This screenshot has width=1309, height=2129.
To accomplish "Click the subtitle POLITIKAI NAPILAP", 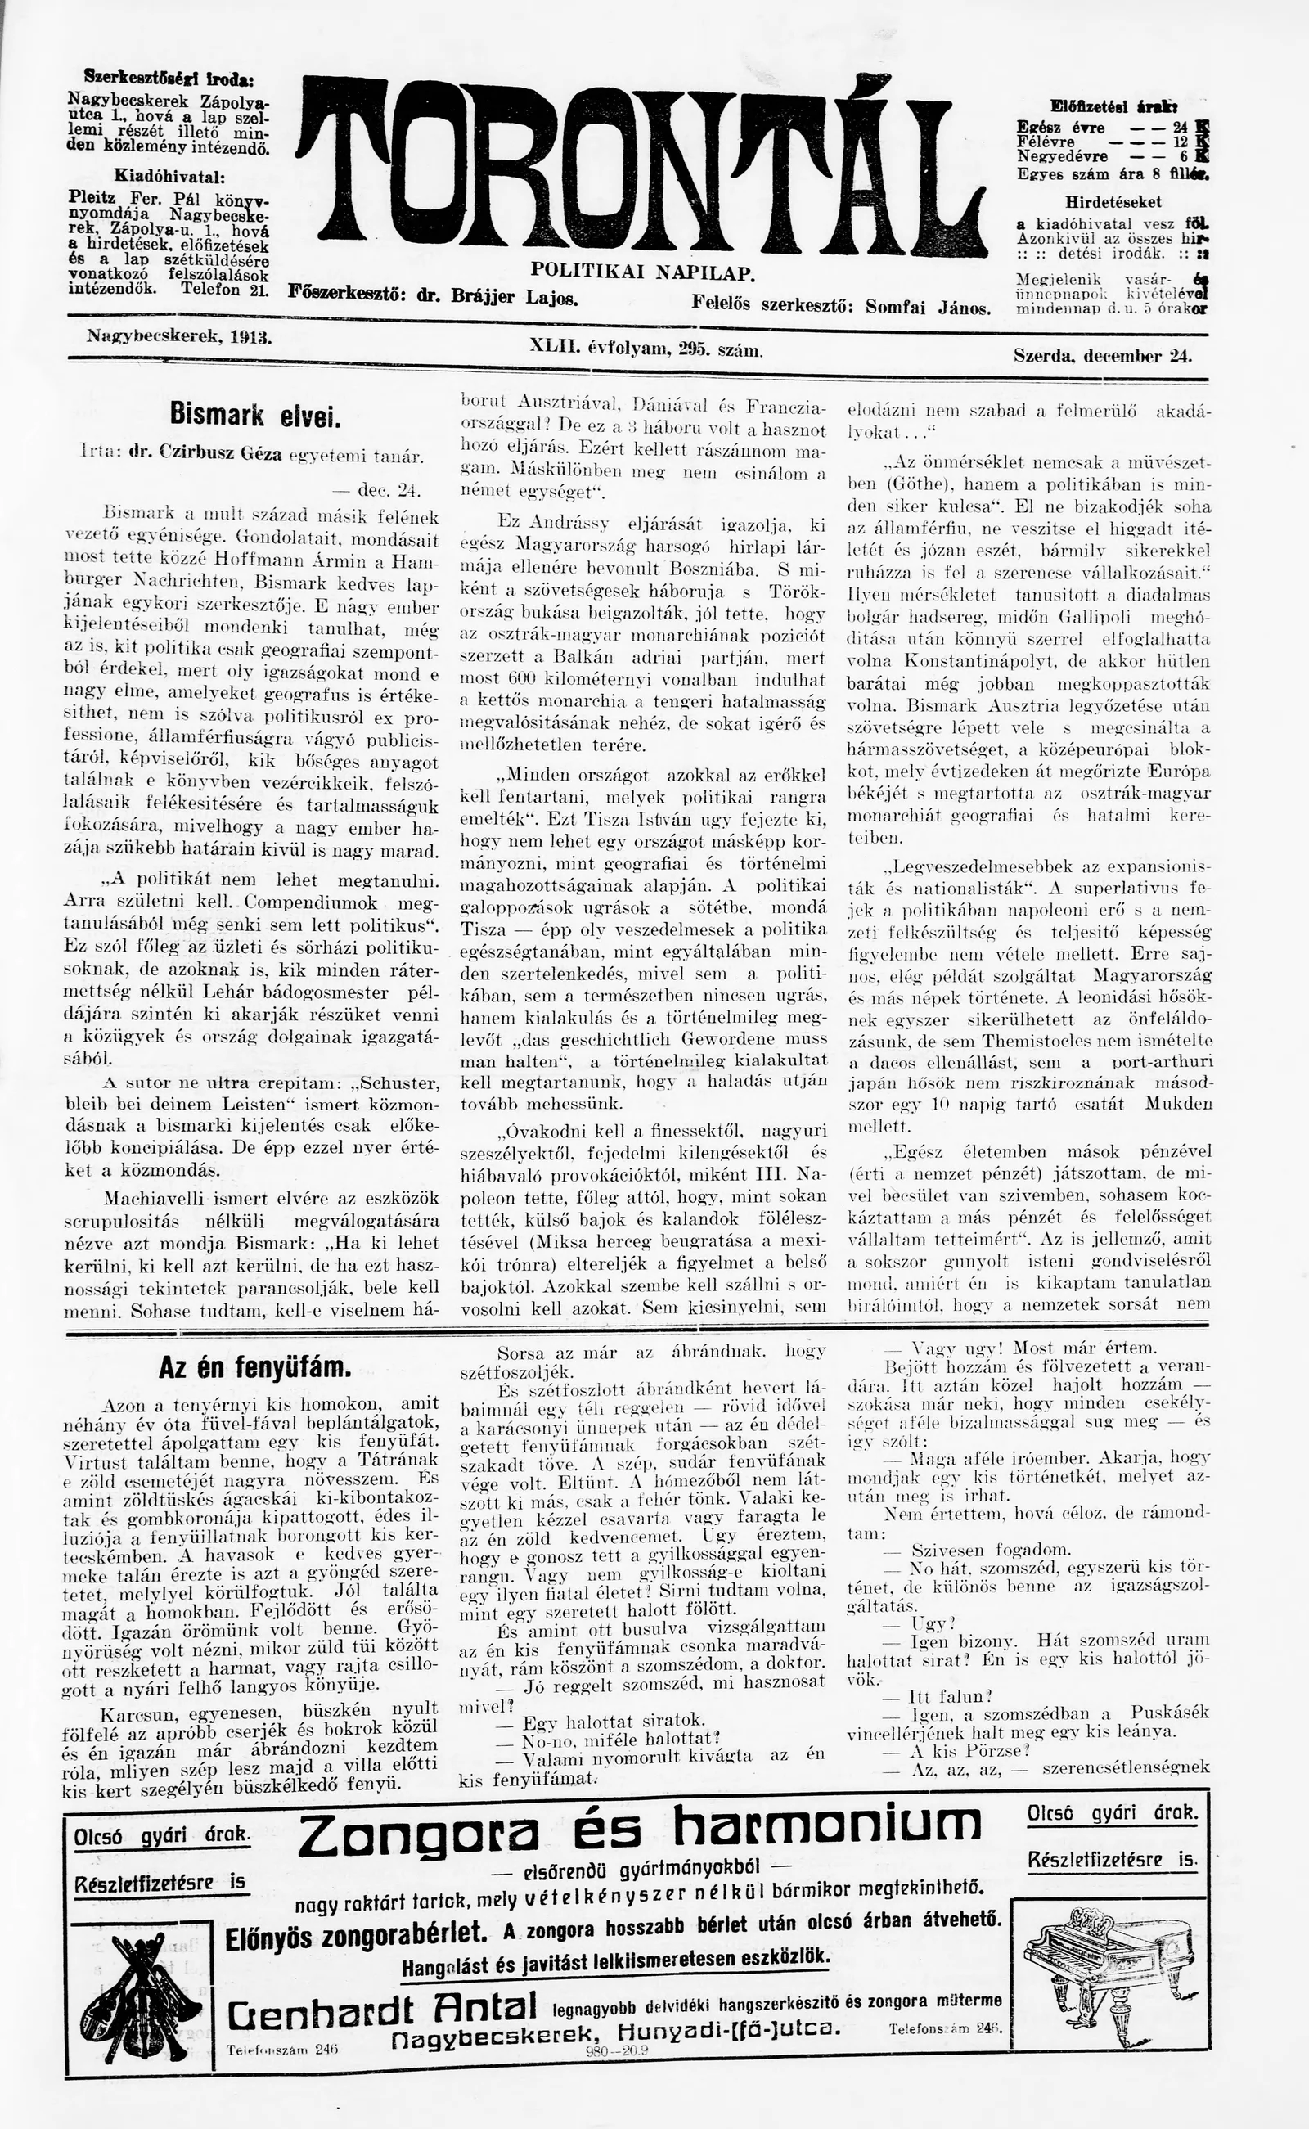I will tap(644, 272).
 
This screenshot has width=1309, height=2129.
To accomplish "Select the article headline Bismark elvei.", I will tap(256, 416).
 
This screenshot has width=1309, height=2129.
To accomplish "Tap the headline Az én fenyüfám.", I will tap(255, 1367).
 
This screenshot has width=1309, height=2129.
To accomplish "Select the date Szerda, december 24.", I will tap(1102, 355).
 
